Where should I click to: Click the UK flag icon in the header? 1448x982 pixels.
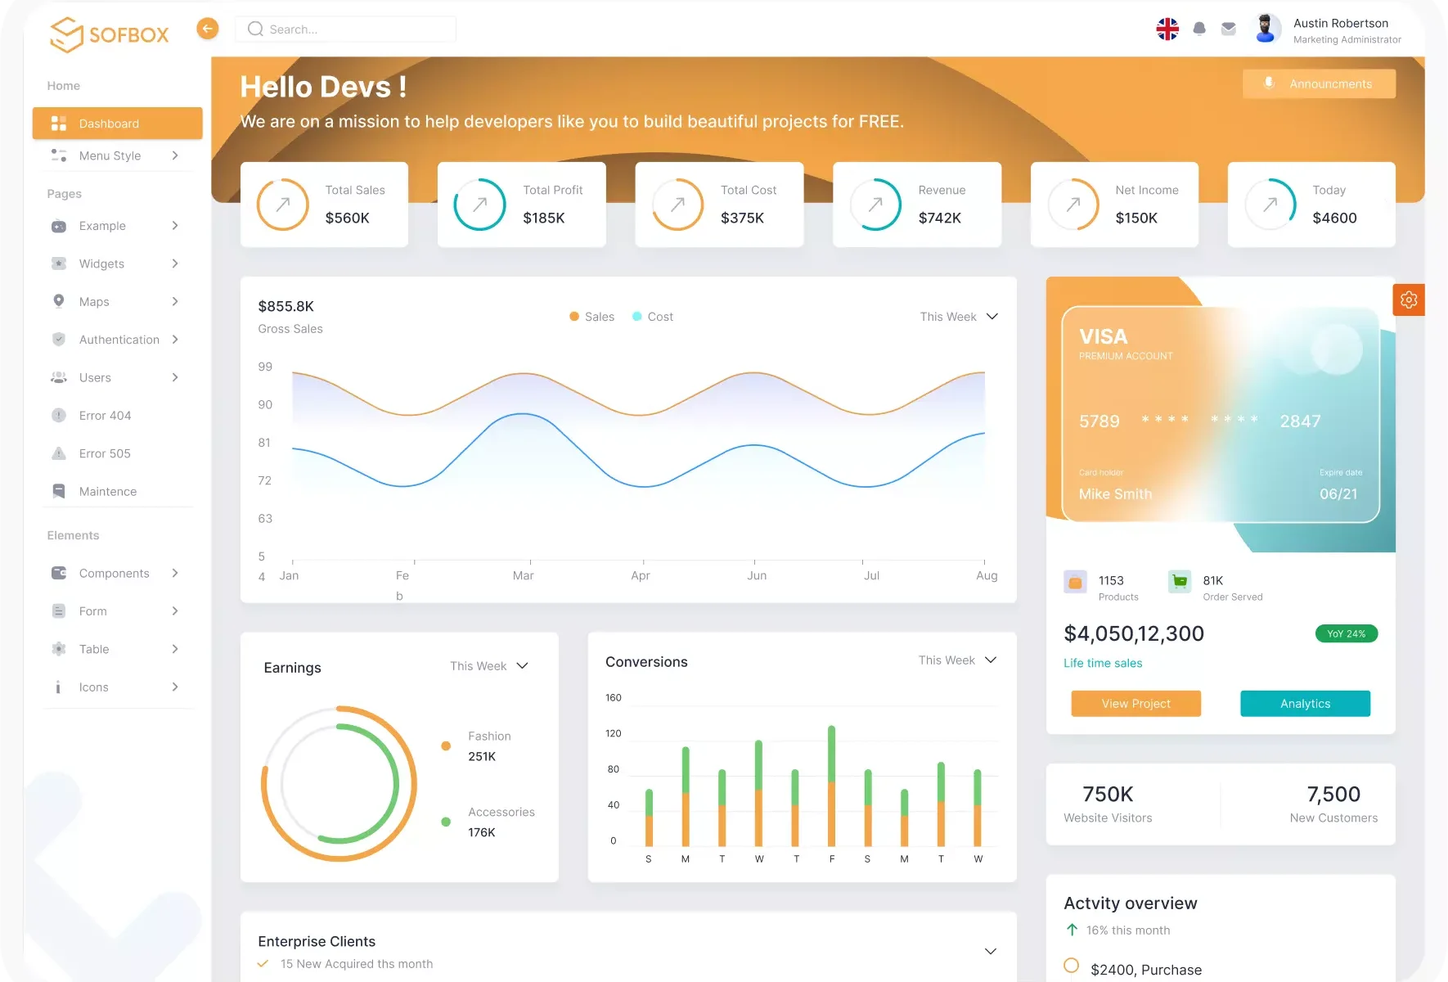1167,29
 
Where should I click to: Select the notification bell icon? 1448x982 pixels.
1199,29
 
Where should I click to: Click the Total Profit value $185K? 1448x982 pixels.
544,218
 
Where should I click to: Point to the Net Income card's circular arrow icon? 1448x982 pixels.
1073,205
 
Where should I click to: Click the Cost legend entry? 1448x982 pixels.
653,317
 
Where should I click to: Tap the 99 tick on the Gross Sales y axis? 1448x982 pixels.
265,367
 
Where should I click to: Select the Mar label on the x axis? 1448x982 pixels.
523,576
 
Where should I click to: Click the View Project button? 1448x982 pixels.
1135,704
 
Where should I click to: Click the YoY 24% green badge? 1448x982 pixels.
1346,633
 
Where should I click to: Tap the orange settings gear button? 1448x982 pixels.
1409,300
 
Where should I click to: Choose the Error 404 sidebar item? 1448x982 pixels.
105,416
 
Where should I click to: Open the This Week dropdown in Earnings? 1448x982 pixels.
489,666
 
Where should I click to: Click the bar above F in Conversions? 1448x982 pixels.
832,786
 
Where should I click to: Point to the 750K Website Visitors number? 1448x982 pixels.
1108,795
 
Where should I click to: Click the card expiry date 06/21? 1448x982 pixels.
1338,494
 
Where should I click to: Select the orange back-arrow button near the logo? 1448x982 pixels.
208,29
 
